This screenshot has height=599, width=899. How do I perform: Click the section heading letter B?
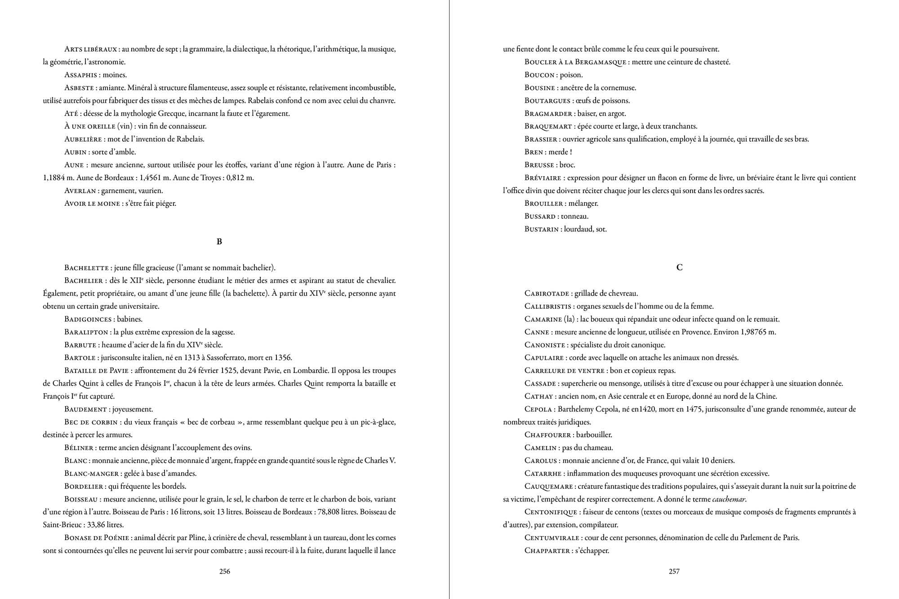point(219,242)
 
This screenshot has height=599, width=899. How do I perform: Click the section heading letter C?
point(679,267)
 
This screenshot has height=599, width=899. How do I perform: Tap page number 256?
point(225,572)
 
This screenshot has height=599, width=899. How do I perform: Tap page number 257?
point(674,572)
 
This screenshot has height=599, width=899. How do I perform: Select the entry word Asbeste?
point(79,88)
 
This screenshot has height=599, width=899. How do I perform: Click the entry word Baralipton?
point(86,333)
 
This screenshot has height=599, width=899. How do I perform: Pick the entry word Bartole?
point(80,358)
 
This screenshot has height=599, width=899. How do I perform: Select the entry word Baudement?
point(85,410)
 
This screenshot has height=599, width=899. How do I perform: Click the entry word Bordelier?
point(85,487)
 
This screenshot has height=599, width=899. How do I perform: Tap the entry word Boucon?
point(539,75)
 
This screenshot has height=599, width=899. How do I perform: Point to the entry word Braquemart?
point(548,127)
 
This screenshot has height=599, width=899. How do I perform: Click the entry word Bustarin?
point(541,230)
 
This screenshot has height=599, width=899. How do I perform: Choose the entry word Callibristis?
point(548,307)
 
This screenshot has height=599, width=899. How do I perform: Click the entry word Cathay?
point(539,397)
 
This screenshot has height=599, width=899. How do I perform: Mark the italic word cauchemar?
point(729,499)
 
